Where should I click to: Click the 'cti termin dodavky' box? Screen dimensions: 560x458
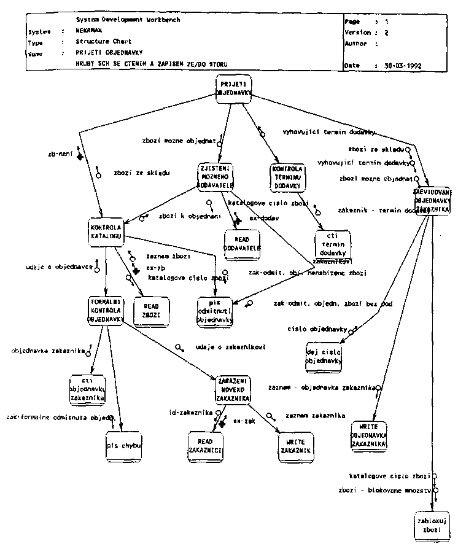pyautogui.click(x=332, y=244)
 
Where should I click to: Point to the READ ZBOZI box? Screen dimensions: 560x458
pyautogui.click(x=151, y=310)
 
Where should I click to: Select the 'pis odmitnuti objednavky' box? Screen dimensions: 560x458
pyautogui.click(x=215, y=311)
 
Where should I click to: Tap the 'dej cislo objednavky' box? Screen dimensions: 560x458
pyautogui.click(x=323, y=357)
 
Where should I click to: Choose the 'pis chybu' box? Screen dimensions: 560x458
pyautogui.click(x=123, y=445)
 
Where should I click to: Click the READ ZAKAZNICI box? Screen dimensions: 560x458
pyautogui.click(x=204, y=445)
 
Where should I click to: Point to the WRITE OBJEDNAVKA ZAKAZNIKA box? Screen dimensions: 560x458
pyautogui.click(x=369, y=435)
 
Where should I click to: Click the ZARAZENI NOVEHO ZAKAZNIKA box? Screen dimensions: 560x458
pyautogui.click(x=232, y=389)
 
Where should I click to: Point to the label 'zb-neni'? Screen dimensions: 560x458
pyautogui.click(x=57, y=155)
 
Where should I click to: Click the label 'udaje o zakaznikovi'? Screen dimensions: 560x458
pyautogui.click(x=230, y=347)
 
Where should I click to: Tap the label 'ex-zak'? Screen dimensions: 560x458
pyautogui.click(x=244, y=422)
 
